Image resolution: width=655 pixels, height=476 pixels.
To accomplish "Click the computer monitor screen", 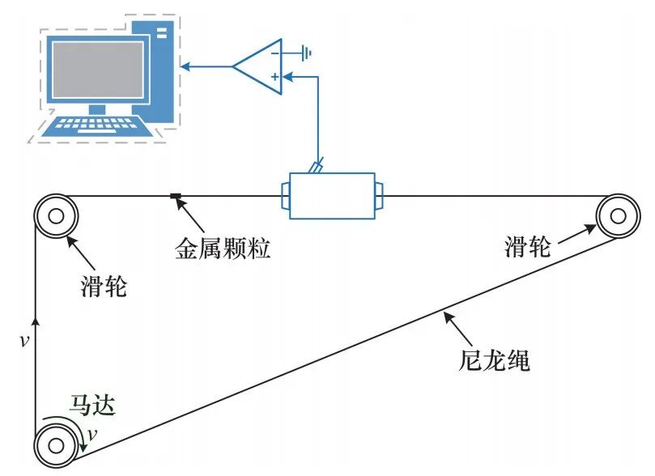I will coord(98,70).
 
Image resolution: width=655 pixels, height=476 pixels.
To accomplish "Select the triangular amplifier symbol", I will coord(257,65).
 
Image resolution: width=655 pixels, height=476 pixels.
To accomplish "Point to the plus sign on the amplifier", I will coord(275,77).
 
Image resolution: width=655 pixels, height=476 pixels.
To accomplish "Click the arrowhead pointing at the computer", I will coord(185,66).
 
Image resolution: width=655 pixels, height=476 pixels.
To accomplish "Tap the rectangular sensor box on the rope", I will coord(332,195).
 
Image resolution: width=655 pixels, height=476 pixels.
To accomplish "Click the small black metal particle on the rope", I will coord(173,195).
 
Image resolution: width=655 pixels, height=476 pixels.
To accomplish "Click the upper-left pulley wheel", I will coord(56,216).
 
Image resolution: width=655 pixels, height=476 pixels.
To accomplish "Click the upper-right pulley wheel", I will coord(617,215).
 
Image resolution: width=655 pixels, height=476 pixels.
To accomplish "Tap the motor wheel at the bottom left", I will coord(56,444).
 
